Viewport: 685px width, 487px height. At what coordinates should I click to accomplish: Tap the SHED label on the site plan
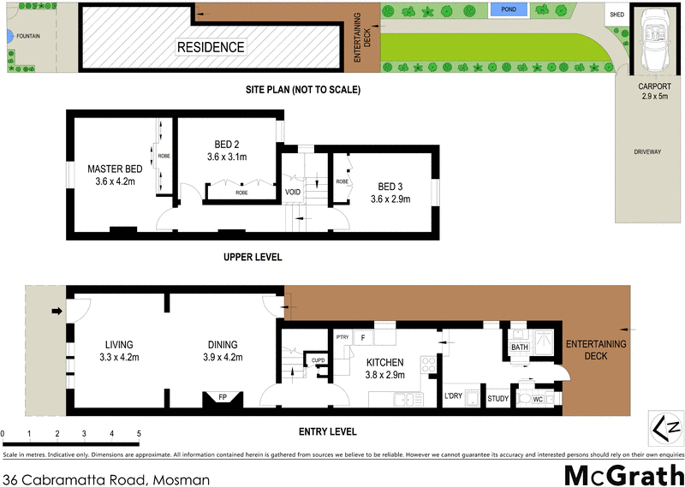point(616,15)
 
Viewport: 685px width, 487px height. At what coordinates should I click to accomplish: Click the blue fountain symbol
point(6,37)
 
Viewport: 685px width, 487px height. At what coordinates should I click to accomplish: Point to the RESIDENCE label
point(211,47)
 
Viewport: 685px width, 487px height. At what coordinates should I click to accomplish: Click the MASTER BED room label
point(115,169)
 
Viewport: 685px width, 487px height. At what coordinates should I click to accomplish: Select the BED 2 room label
point(226,144)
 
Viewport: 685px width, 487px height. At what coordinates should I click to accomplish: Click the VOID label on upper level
point(293,193)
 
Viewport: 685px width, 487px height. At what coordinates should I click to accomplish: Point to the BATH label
point(520,347)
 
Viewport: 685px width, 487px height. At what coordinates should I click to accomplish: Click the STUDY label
point(497,398)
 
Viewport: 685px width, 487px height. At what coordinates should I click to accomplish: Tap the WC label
point(537,399)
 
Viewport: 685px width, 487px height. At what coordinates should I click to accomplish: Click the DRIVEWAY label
point(648,151)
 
